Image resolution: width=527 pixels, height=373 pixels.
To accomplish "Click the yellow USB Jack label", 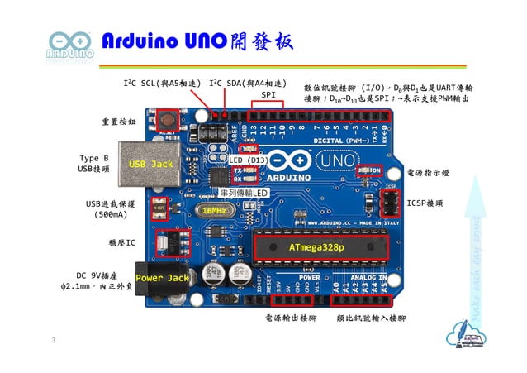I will [150, 165].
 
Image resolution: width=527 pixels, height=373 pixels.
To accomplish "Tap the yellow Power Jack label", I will [162, 278].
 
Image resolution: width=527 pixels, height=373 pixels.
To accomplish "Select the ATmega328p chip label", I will [316, 246].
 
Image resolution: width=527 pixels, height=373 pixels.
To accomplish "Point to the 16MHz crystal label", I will [216, 210].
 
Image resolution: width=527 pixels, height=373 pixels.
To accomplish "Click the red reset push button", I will [169, 122].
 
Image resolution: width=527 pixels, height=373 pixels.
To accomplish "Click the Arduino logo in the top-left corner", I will [70, 45].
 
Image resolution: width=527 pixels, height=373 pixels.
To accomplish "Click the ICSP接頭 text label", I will [425, 202].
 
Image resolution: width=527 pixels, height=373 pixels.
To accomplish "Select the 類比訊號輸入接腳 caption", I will [371, 317].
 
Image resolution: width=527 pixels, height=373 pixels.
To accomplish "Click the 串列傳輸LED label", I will [245, 193].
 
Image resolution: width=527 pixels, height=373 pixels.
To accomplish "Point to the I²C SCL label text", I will [163, 84].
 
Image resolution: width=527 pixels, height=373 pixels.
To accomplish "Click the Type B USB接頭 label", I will [94, 163].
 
